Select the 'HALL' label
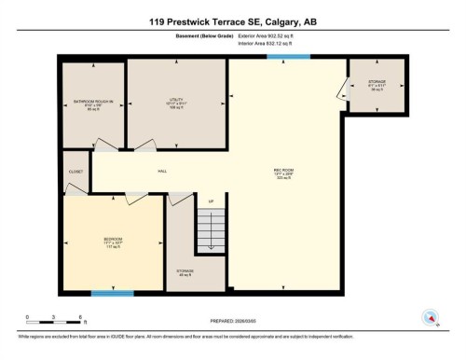pos(161,171)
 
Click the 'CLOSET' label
pos(75,172)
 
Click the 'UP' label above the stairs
pos(212,201)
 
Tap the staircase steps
pos(212,228)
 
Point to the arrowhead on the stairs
pos(212,247)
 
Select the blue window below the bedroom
pos(112,293)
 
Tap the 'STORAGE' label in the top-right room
pos(377,85)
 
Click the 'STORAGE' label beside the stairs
pos(185,270)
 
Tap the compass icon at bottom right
pos(430,316)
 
